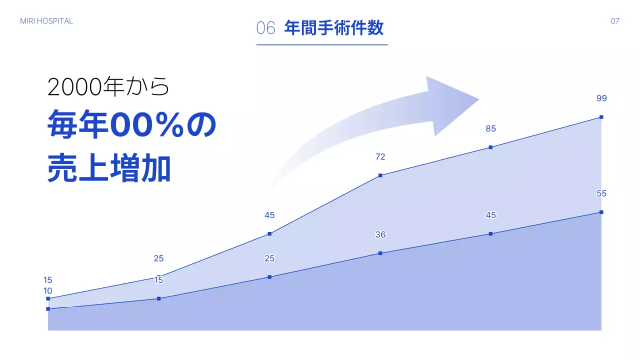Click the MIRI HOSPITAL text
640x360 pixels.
(x=46, y=21)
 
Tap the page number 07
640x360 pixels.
(x=615, y=21)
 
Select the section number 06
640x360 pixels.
(x=265, y=28)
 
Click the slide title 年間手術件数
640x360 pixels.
(x=333, y=28)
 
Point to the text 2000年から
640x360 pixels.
(x=108, y=87)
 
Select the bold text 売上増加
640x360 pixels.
(x=109, y=168)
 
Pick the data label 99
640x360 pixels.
(x=601, y=98)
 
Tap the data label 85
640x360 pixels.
(x=490, y=128)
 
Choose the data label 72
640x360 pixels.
(x=380, y=157)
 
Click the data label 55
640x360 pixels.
(x=601, y=194)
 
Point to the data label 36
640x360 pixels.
(x=380, y=235)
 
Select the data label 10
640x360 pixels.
(x=48, y=291)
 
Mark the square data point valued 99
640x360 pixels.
(x=601, y=117)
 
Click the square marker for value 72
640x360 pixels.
(x=380, y=175)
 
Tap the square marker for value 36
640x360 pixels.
(x=380, y=253)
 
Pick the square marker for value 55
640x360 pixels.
(x=601, y=212)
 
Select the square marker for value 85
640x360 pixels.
(x=491, y=147)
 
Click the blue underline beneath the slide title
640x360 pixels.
(x=322, y=45)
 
